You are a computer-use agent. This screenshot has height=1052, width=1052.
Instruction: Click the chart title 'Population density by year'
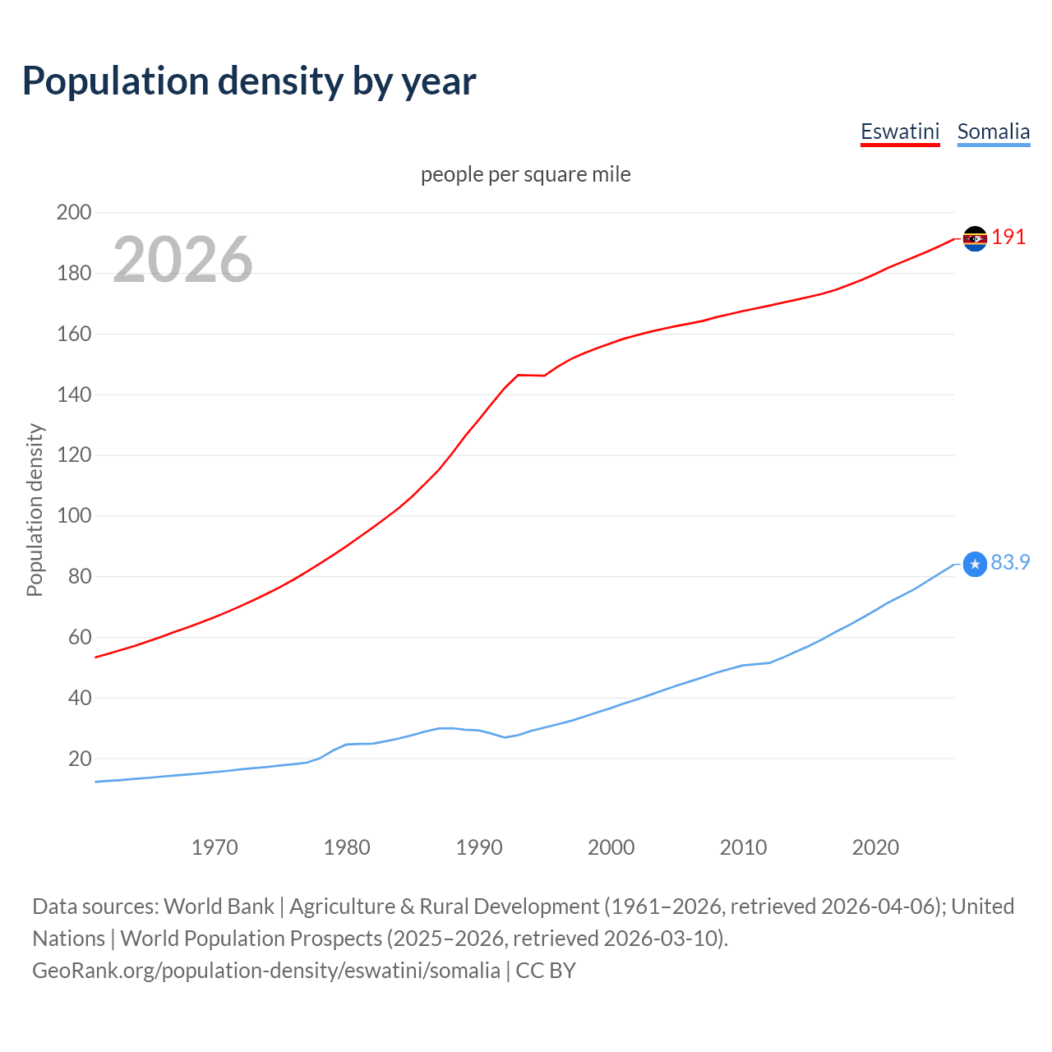(249, 81)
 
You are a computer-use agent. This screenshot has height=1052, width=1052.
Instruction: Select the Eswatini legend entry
(900, 131)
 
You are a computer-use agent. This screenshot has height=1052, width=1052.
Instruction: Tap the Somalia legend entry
(993, 131)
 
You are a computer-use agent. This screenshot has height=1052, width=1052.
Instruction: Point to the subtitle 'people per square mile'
(525, 174)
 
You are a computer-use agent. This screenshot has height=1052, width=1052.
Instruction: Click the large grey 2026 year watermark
(182, 260)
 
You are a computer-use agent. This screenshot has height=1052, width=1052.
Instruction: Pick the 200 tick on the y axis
(74, 212)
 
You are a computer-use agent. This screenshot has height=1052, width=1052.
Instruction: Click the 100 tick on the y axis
(74, 516)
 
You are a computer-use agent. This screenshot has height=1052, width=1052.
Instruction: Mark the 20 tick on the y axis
(80, 759)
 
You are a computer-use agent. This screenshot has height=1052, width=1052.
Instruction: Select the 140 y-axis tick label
(74, 394)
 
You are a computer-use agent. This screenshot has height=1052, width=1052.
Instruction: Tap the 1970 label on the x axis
(215, 847)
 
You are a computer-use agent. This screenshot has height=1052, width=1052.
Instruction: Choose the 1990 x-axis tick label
(479, 847)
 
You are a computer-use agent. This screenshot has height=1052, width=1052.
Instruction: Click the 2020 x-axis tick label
(875, 847)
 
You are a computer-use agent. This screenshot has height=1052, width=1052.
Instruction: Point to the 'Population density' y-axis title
(35, 510)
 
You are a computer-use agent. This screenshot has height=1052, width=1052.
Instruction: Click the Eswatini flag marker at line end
(975, 238)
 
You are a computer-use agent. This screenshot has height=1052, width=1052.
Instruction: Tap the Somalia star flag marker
(975, 564)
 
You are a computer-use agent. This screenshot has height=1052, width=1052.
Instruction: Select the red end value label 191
(1008, 238)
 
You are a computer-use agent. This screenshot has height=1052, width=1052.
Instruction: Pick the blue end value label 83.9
(1010, 562)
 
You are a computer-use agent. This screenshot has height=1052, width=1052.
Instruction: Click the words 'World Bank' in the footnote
(219, 907)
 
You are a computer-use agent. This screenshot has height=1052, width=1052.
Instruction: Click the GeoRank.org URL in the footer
(265, 971)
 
